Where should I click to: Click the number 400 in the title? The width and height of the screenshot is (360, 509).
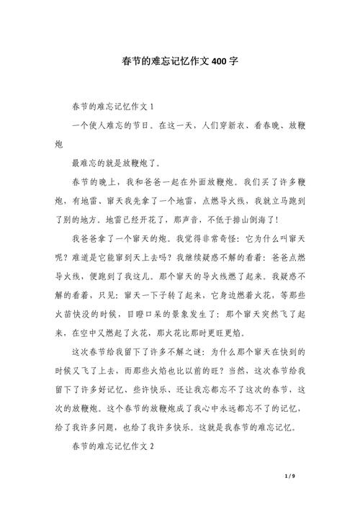(220, 61)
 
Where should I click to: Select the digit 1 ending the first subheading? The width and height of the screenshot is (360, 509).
(152, 106)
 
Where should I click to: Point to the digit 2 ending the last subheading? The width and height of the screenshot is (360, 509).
(152, 446)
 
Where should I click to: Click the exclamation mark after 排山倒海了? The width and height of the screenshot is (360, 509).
(277, 220)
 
